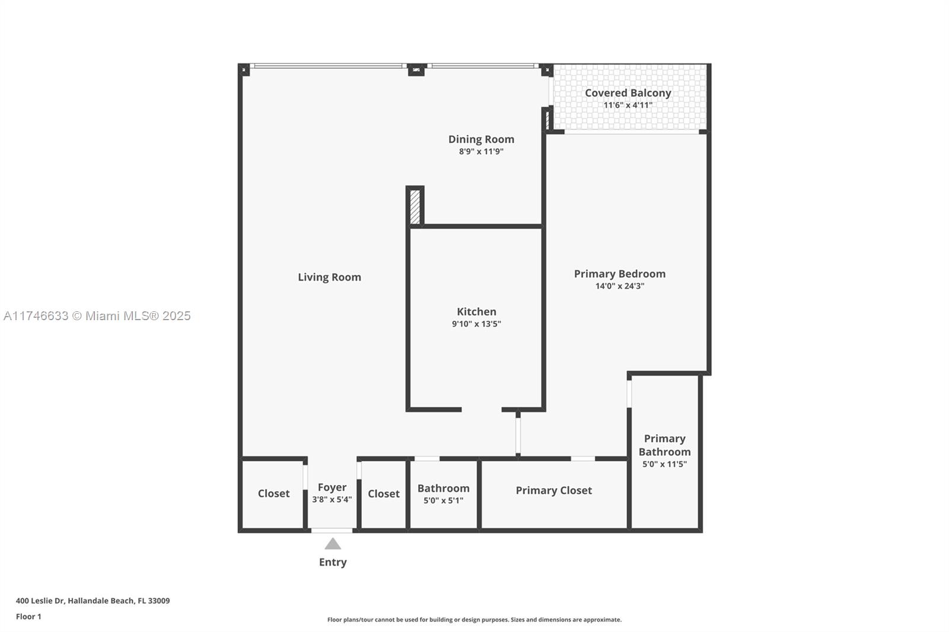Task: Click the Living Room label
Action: click(x=329, y=277)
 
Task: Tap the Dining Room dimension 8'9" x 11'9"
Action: click(x=481, y=152)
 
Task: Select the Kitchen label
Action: click(x=476, y=311)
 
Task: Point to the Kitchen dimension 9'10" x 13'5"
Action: click(x=476, y=324)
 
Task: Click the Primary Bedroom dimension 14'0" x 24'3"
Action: click(x=620, y=286)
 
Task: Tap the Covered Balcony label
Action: click(x=628, y=92)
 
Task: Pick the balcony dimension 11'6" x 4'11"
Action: click(x=628, y=106)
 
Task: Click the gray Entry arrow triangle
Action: click(x=333, y=544)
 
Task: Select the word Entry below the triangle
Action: click(x=333, y=562)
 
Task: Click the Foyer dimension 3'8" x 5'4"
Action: click(x=332, y=500)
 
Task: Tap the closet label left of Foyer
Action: click(x=273, y=493)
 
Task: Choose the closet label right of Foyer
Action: click(x=383, y=493)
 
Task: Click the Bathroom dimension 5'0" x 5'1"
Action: click(x=443, y=500)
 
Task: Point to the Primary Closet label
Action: click(x=553, y=490)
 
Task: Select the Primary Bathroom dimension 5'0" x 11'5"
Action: click(x=664, y=464)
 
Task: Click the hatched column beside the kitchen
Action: click(x=415, y=206)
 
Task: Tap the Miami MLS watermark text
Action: click(x=97, y=316)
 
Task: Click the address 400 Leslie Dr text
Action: click(x=93, y=601)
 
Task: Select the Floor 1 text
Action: click(x=28, y=617)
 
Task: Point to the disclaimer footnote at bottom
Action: click(x=474, y=620)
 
